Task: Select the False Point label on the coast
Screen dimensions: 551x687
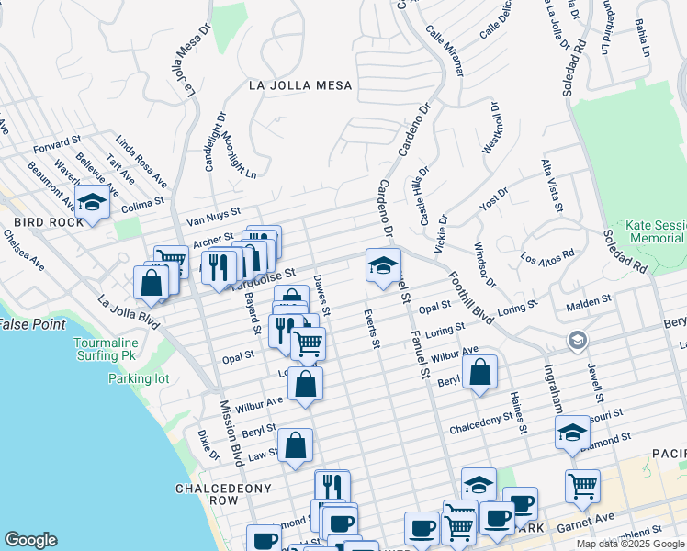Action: click(x=31, y=324)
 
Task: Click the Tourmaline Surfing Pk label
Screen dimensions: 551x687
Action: click(x=131, y=349)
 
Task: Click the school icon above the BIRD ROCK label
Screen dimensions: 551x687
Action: click(x=92, y=202)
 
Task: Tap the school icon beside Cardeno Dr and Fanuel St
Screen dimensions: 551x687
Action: click(x=383, y=266)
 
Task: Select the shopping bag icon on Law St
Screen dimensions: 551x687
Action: click(x=295, y=447)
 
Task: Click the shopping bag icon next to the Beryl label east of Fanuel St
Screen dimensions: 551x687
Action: click(x=479, y=373)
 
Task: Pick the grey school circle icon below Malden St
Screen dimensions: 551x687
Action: click(x=578, y=341)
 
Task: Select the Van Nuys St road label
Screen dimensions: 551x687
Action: click(x=212, y=216)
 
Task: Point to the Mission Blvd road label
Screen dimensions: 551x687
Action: click(x=230, y=433)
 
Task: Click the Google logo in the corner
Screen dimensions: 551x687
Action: click(x=30, y=540)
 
